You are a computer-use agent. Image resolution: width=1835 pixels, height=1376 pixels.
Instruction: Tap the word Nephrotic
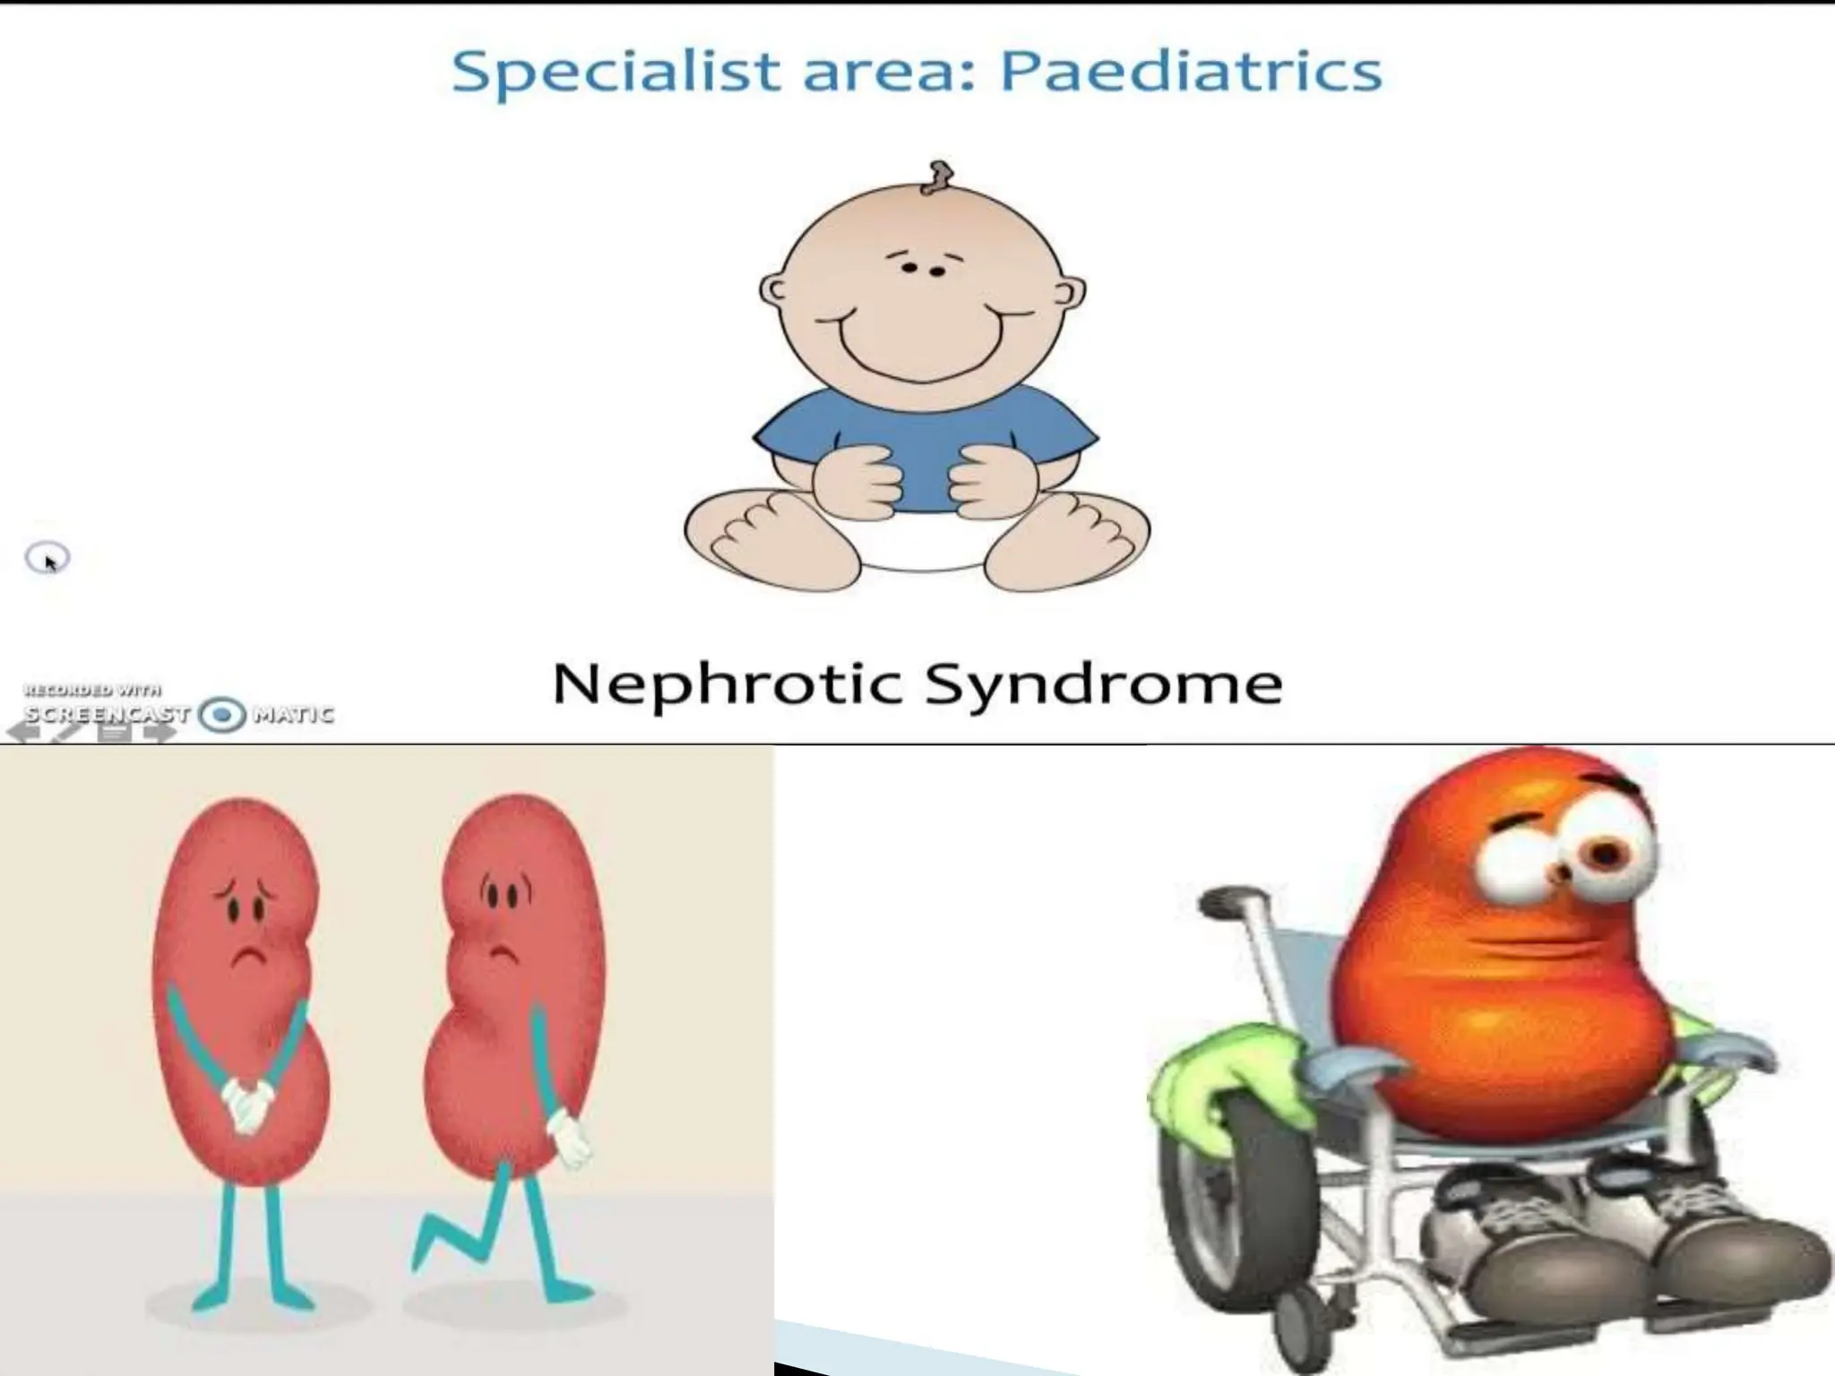tap(727, 685)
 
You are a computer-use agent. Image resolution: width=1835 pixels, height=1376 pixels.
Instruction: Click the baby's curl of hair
tap(938, 177)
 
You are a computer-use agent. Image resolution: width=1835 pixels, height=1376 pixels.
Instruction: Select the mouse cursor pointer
tap(49, 561)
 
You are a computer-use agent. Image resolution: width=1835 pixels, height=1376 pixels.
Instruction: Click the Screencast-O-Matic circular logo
tap(222, 715)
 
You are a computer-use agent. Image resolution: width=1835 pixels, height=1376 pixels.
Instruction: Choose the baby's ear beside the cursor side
tap(772, 288)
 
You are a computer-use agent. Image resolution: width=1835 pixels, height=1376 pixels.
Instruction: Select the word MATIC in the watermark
tap(293, 715)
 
